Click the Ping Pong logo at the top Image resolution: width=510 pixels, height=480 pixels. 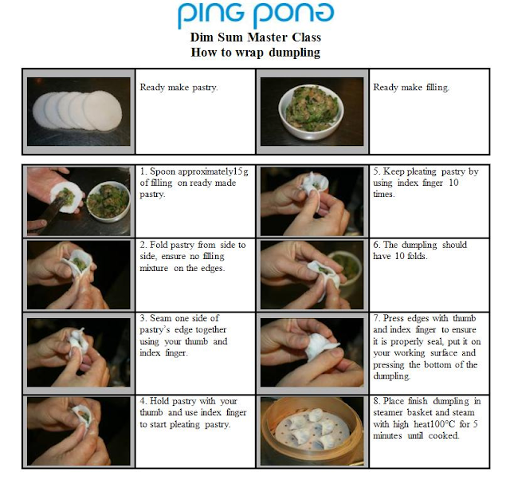256,14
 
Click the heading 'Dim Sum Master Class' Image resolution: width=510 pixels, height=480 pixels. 256,37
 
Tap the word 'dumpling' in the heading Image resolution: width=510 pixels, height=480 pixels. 295,53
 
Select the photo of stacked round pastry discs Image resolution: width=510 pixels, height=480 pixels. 78,112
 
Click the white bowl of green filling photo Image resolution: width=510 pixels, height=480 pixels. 312,112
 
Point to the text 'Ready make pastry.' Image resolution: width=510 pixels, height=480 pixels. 178,87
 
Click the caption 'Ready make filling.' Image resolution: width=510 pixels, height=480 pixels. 411,87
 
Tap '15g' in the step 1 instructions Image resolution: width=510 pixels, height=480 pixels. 241,171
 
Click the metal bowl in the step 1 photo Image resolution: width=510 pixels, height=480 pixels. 108,201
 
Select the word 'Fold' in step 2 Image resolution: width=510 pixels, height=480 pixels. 159,245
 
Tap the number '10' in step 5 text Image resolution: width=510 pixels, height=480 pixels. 453,183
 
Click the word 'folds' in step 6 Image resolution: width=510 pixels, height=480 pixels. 418,256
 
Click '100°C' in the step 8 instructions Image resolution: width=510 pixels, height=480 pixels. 439,424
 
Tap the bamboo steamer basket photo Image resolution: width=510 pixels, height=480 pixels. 312,431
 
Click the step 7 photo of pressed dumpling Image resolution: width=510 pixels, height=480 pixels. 312,352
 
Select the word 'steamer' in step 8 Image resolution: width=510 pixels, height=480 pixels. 388,413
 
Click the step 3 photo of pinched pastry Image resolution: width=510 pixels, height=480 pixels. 78,352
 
